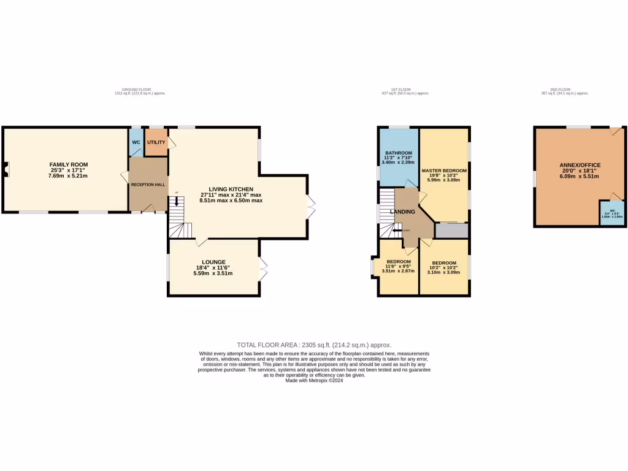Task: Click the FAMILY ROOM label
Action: tap(68, 164)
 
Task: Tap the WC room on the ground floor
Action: tap(136, 142)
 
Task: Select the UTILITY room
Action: tap(156, 142)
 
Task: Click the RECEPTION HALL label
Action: tap(147, 184)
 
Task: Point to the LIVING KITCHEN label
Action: tap(231, 189)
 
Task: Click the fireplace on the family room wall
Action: tap(6, 169)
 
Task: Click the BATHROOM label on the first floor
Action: tap(398, 153)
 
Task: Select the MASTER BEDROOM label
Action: tap(444, 170)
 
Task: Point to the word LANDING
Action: tap(404, 212)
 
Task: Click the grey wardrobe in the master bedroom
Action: tap(451, 231)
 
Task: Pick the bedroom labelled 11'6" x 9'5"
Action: tap(398, 266)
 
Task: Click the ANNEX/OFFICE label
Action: tap(580, 165)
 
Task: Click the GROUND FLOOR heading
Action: tap(140, 90)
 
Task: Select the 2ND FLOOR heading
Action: tap(564, 90)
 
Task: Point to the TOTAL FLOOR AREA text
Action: tap(314, 345)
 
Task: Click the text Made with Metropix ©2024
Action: tap(314, 380)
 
